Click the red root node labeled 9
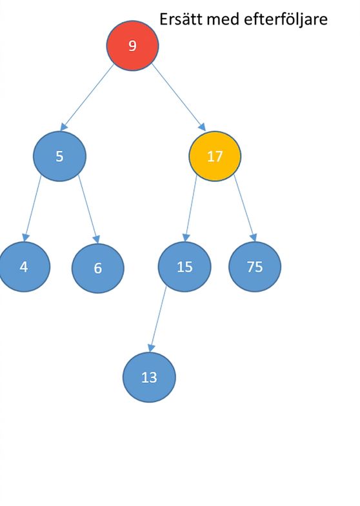(x=133, y=45)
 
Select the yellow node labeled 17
(x=215, y=156)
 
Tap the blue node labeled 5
(x=59, y=156)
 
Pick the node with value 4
(x=24, y=267)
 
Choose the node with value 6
(x=98, y=268)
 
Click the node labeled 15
(x=185, y=267)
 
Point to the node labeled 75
(x=255, y=267)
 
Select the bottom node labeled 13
(x=149, y=377)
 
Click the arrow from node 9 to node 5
(x=87, y=97)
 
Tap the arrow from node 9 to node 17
(x=179, y=97)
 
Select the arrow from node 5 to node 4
(x=32, y=208)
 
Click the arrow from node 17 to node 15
(x=190, y=208)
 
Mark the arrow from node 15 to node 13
(x=157, y=319)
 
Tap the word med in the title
(x=223, y=19)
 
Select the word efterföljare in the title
(x=286, y=19)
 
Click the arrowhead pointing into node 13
(x=151, y=349)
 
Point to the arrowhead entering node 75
(x=254, y=238)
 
